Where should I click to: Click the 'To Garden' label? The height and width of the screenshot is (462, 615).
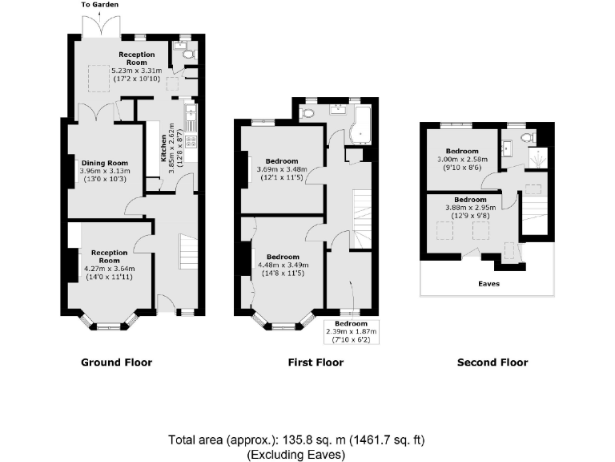click(x=100, y=5)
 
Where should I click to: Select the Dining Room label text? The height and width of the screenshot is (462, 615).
click(x=105, y=163)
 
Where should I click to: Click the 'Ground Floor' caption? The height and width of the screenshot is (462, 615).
click(x=116, y=363)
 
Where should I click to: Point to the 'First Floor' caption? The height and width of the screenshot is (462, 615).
click(x=316, y=363)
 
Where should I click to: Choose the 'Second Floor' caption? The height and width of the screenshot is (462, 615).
click(x=492, y=363)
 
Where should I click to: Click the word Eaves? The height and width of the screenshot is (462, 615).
click(x=488, y=283)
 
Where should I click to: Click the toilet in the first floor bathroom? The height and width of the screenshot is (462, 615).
click(x=308, y=115)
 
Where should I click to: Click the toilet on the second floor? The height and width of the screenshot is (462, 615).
click(x=525, y=138)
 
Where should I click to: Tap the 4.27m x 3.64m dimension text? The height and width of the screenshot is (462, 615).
click(x=104, y=269)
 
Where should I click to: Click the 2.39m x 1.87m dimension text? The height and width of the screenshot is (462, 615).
click(x=351, y=331)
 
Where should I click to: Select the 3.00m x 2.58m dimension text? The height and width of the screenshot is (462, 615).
click(x=463, y=159)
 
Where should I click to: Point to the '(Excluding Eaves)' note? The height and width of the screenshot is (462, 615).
click(x=296, y=454)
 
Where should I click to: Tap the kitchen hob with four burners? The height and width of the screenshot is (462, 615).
click(x=191, y=141)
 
